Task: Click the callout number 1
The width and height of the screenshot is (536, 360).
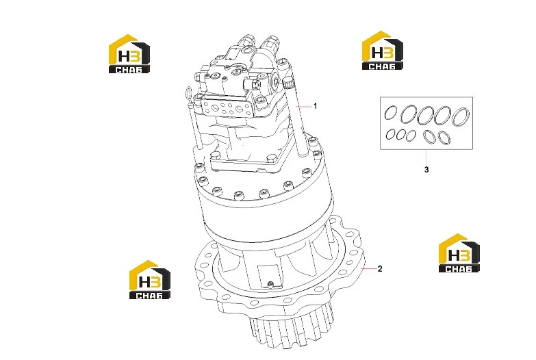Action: click(x=316, y=106)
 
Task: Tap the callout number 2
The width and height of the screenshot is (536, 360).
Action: click(x=380, y=269)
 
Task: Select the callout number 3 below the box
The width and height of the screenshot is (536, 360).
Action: click(x=426, y=170)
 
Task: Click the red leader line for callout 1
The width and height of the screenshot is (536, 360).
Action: click(x=303, y=107)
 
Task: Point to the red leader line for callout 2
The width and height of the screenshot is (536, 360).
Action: click(x=368, y=269)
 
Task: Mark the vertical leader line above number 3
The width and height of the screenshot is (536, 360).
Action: click(x=426, y=157)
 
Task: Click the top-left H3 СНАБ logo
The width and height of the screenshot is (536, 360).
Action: click(x=129, y=53)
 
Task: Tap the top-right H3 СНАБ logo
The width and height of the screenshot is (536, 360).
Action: click(x=383, y=51)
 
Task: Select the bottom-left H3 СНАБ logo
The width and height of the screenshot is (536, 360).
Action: click(x=150, y=280)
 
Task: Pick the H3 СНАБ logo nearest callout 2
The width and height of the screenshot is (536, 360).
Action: click(x=459, y=253)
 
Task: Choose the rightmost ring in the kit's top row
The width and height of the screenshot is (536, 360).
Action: click(x=461, y=116)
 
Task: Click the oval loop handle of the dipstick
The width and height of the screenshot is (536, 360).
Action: click(x=188, y=93)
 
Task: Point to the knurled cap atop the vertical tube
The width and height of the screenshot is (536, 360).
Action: click(x=288, y=82)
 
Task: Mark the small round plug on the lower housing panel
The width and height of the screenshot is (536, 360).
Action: click(x=270, y=283)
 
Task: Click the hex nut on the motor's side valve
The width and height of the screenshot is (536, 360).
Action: click(x=256, y=83)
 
